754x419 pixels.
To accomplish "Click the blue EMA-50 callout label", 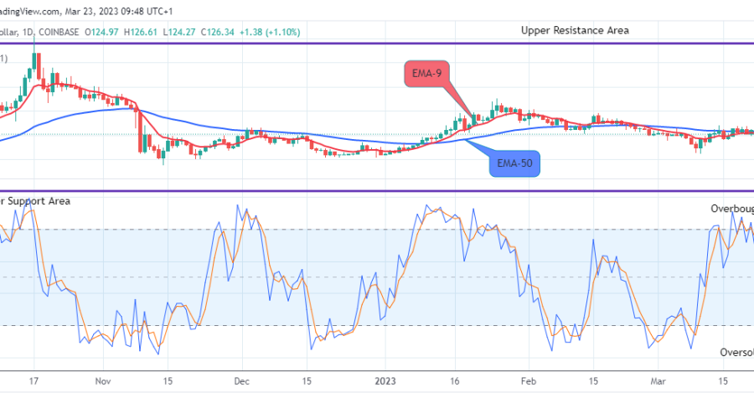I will (x=514, y=163).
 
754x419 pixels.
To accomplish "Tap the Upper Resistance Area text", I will (x=575, y=30).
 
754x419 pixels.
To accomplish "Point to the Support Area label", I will (x=37, y=201).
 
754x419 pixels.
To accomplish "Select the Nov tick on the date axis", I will (x=102, y=380).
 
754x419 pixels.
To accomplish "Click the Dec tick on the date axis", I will (x=241, y=380).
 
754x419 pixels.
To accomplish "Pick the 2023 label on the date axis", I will (x=386, y=380).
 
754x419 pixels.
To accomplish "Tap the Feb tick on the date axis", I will (x=528, y=380).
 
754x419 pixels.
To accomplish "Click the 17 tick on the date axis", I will (x=34, y=380).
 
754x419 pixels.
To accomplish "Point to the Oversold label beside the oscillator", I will (x=736, y=353).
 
